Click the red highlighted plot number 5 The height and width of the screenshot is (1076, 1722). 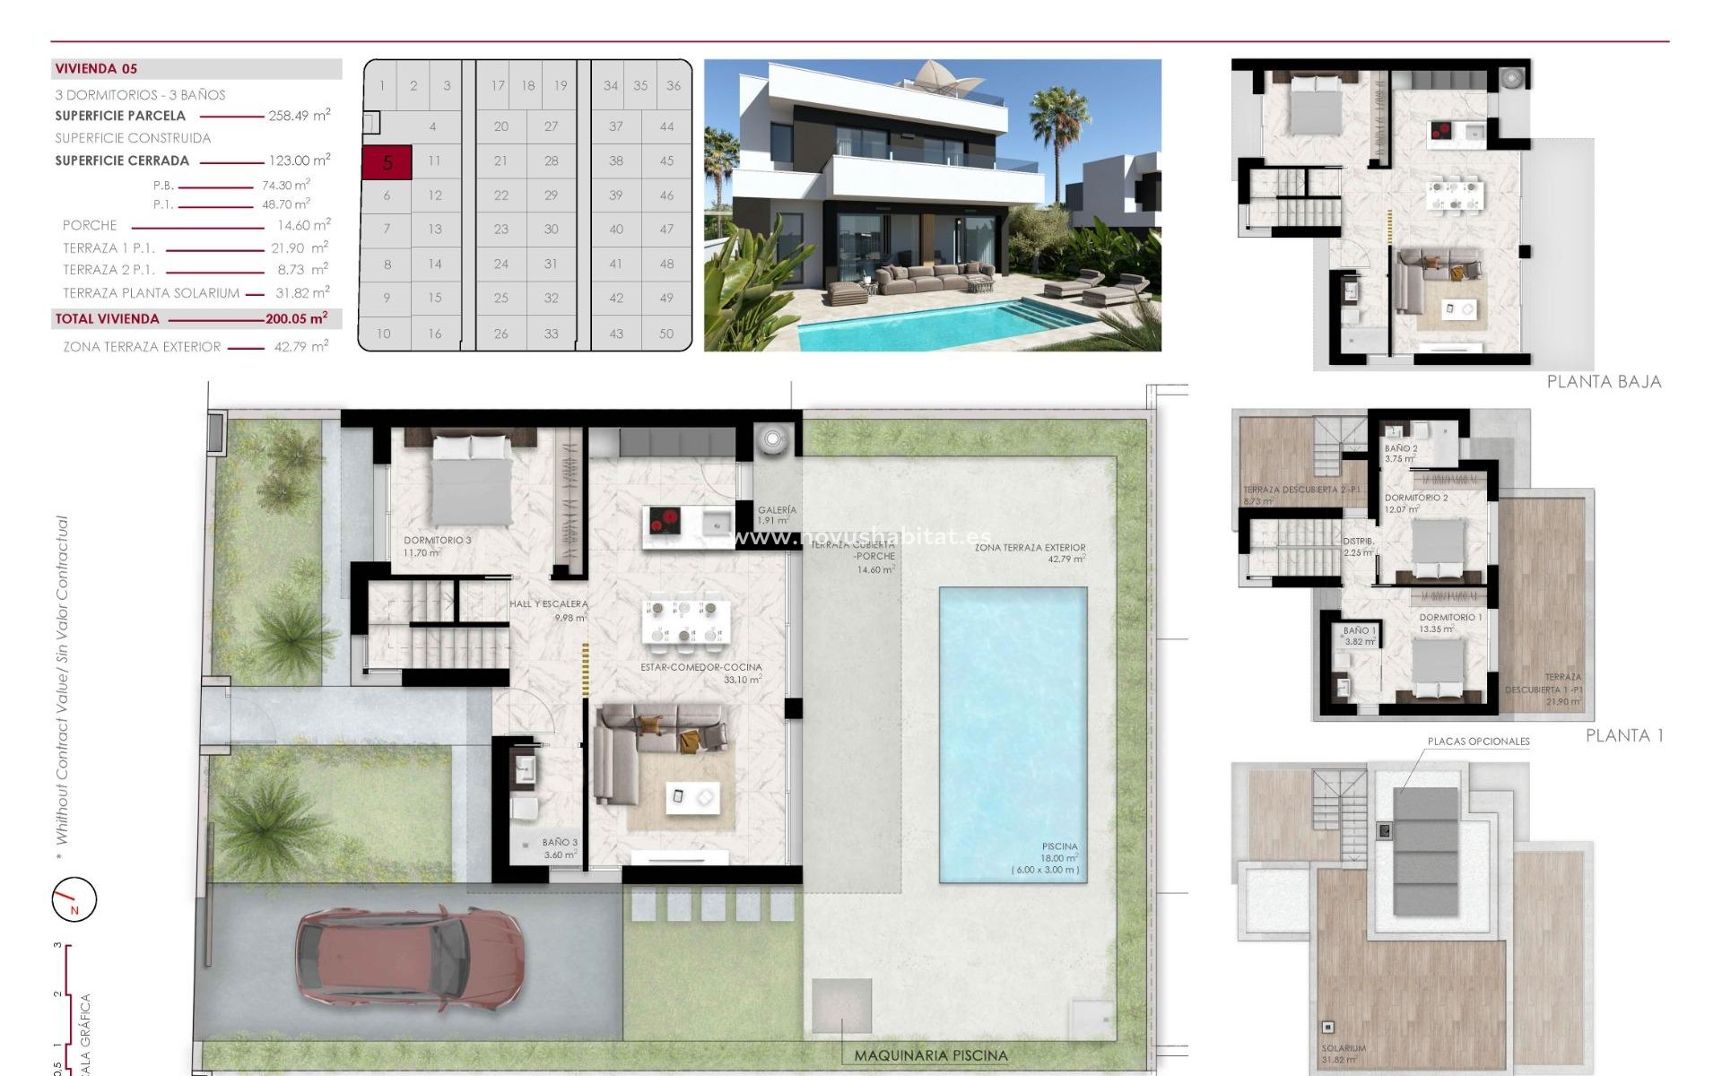click(387, 162)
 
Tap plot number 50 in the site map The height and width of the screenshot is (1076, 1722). click(666, 334)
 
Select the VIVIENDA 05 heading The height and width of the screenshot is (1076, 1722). click(96, 69)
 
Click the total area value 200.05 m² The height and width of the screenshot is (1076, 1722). click(296, 318)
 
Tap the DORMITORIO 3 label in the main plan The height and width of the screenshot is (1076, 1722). click(437, 541)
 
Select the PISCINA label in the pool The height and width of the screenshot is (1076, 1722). click(1059, 846)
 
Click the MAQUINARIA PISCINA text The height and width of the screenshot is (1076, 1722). click(931, 1055)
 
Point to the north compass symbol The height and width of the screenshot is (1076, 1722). click(74, 898)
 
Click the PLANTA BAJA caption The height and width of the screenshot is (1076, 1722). click(1604, 382)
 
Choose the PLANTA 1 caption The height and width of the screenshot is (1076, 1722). click(1624, 735)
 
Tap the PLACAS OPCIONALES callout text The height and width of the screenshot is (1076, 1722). click(1478, 742)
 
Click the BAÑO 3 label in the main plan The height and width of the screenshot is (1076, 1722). click(560, 843)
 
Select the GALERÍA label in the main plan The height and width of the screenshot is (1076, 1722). click(776, 510)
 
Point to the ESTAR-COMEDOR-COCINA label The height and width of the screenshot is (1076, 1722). click(700, 667)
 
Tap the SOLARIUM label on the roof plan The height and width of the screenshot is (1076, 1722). click(1343, 1048)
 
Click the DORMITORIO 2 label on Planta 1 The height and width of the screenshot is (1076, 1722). click(1415, 498)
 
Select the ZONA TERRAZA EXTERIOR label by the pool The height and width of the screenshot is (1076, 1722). click(1030, 547)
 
